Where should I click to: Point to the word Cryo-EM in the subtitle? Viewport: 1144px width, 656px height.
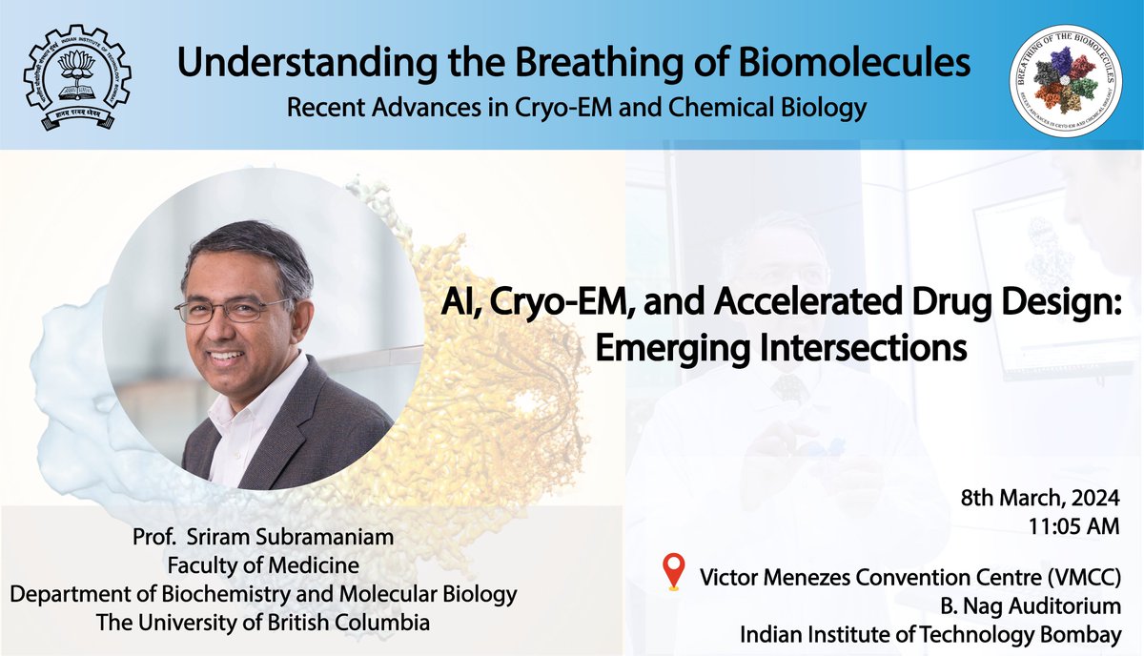[x=568, y=107]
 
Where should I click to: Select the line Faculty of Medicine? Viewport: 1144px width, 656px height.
[x=263, y=566]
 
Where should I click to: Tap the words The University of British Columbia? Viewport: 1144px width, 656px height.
[x=263, y=623]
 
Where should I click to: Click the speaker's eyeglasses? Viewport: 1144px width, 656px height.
[x=234, y=310]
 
